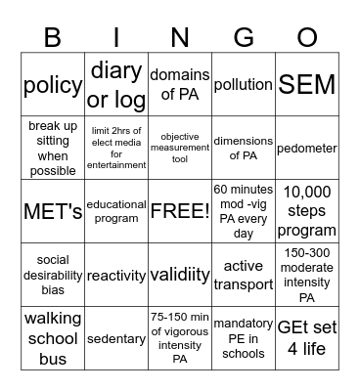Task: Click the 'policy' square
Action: tap(52, 85)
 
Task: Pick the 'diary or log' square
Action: tap(116, 85)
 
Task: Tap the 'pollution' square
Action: tap(243, 85)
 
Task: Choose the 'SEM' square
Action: tap(306, 85)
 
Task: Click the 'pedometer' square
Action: tap(306, 149)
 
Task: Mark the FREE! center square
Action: tap(179, 211)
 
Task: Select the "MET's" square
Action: tap(52, 211)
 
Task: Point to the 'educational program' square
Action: tap(116, 211)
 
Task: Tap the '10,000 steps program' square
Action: tap(306, 211)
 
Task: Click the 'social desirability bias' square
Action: tap(52, 275)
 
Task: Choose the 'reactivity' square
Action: tap(116, 276)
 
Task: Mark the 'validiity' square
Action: tap(179, 276)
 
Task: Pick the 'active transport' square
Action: tap(243, 275)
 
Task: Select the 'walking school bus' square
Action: tap(52, 338)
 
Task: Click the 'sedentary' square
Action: tap(116, 338)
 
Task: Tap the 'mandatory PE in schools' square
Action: tap(243, 338)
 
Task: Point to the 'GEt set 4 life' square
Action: tap(306, 338)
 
